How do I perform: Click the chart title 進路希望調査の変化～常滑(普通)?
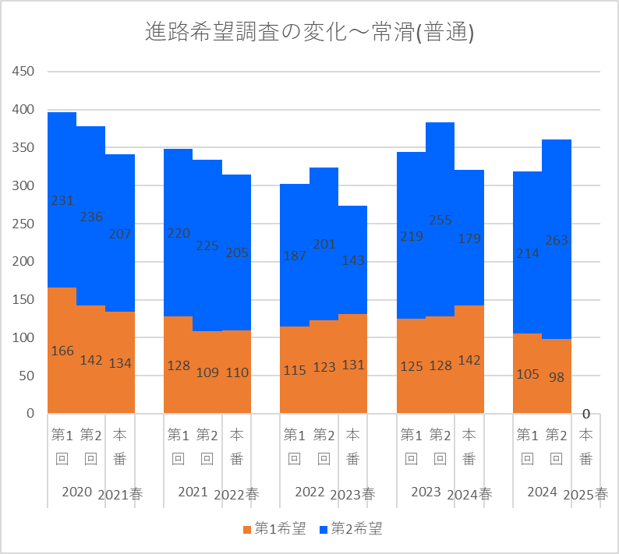(x=309, y=33)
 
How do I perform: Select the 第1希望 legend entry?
(x=274, y=529)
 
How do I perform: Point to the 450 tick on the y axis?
(x=24, y=72)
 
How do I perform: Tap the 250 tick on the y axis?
(x=24, y=224)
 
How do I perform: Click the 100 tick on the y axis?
(x=24, y=337)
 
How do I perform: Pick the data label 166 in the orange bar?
(x=62, y=351)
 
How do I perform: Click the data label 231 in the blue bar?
(x=62, y=200)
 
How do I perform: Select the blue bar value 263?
(x=556, y=241)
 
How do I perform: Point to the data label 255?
(x=440, y=220)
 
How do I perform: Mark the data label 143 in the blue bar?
(x=352, y=260)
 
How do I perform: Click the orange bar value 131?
(x=352, y=365)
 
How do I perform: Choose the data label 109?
(x=207, y=372)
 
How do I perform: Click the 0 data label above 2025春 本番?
(x=585, y=414)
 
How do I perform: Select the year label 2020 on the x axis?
(x=76, y=492)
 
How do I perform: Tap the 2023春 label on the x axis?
(x=352, y=494)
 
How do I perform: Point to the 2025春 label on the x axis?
(x=585, y=494)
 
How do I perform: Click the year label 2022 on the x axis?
(x=309, y=492)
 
